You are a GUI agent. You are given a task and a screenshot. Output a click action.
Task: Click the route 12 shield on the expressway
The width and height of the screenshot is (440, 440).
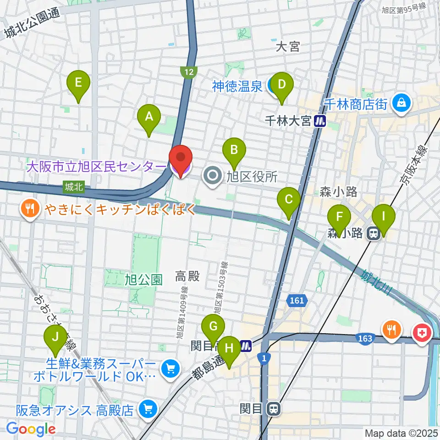tap(189, 72)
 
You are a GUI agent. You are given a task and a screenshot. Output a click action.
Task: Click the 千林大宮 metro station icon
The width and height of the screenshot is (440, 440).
tap(320, 121)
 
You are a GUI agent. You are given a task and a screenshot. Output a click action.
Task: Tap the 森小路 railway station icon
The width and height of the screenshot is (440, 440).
tap(373, 234)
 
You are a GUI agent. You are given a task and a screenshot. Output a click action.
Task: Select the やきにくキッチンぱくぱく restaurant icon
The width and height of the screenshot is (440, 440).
tap(31, 210)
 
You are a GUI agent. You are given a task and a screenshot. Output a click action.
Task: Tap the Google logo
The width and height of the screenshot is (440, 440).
tap(31, 429)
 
